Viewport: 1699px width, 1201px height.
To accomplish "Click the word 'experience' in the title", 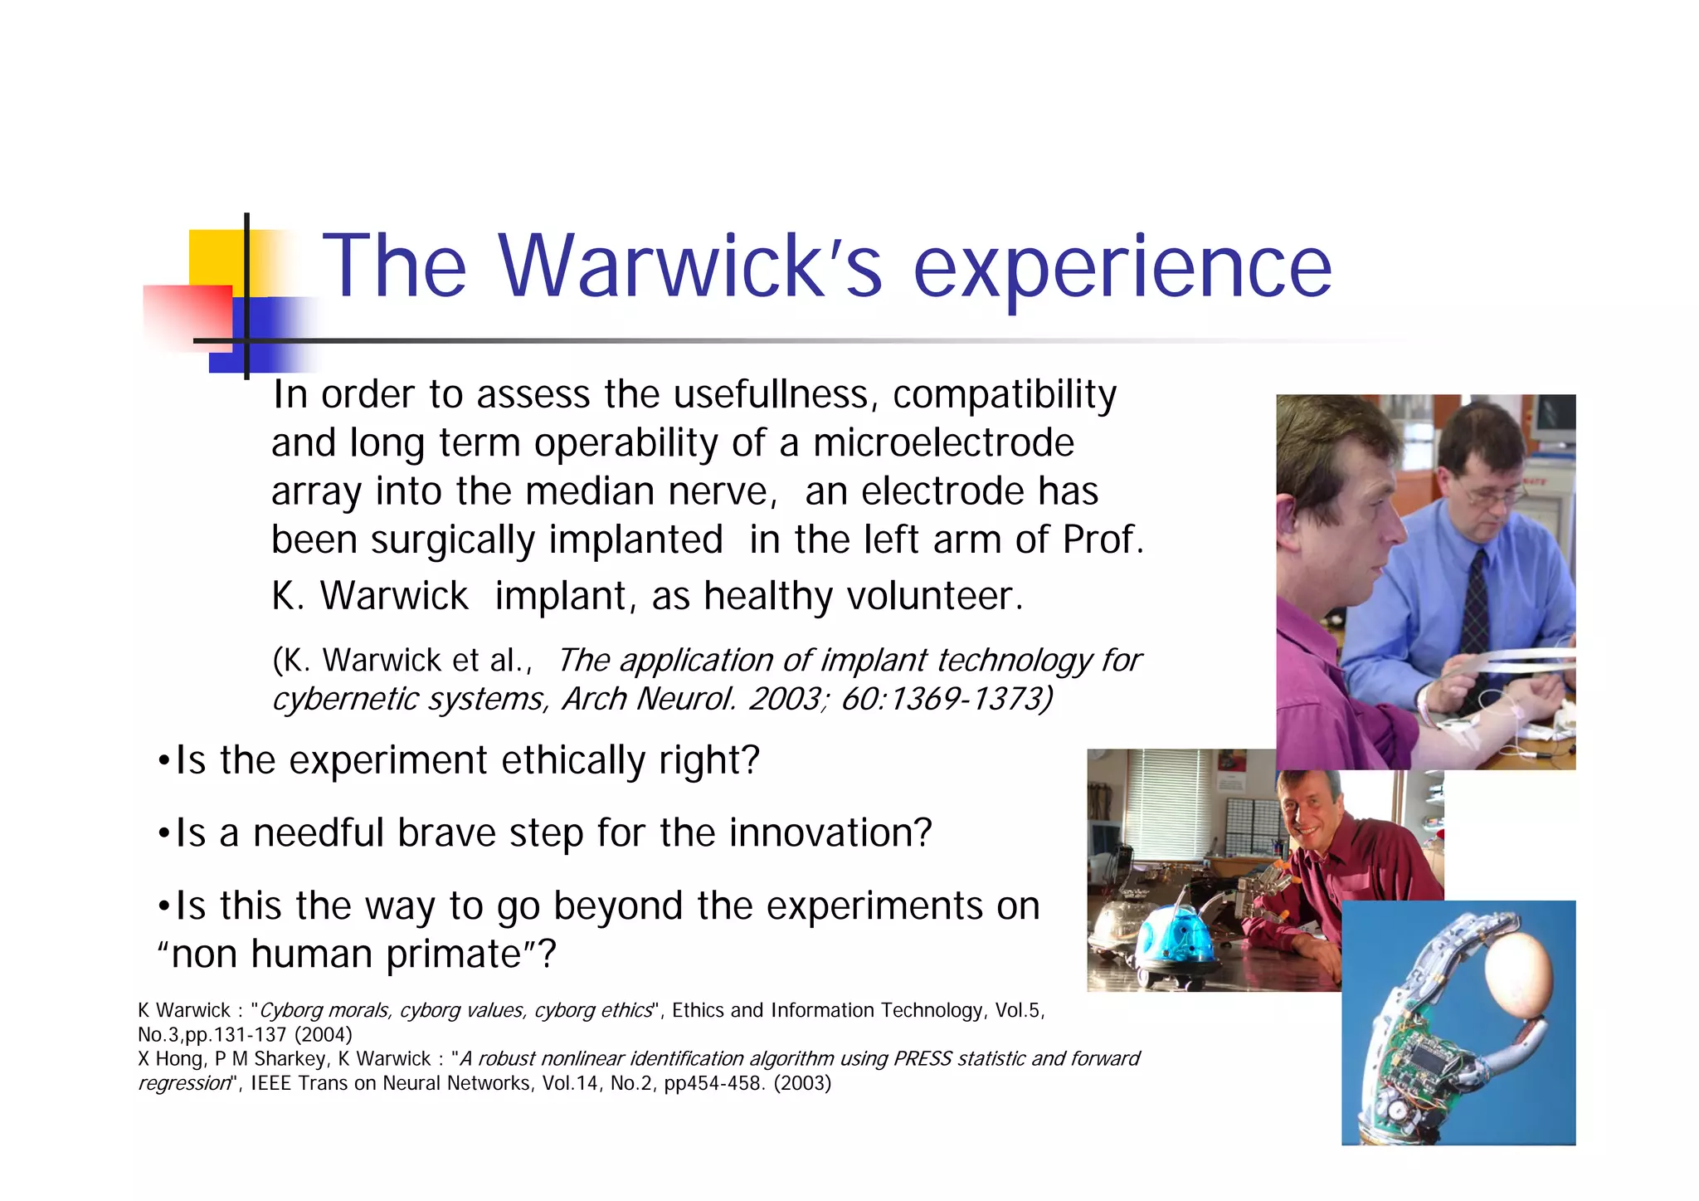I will coord(1122,267).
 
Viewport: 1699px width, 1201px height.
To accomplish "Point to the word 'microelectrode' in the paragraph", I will coord(943,442).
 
